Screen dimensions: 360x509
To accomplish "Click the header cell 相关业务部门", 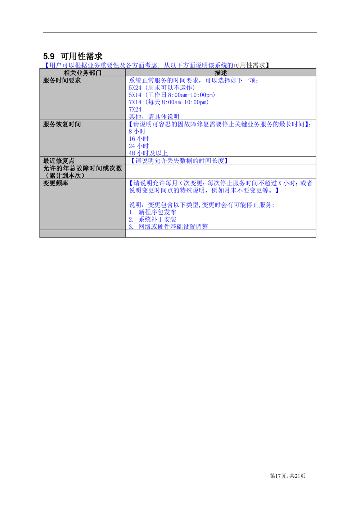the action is pyautogui.click(x=82, y=73).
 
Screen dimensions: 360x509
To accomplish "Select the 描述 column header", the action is pyautogui.click(x=221, y=73).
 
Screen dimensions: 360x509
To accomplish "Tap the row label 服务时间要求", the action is pyautogui.click(x=62, y=81).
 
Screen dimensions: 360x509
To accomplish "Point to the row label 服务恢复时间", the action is pyautogui.click(x=62, y=124).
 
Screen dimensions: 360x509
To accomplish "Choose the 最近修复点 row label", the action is pyautogui.click(x=59, y=161).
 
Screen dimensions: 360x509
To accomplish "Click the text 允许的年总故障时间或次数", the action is pyautogui.click(x=82, y=168).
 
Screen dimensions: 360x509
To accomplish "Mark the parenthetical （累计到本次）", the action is pyautogui.click(x=63, y=176).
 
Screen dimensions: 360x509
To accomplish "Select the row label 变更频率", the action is pyautogui.click(x=55, y=183).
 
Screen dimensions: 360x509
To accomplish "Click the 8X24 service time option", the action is pyautogui.click(x=162, y=87).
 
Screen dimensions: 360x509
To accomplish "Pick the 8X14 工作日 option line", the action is pyautogui.click(x=172, y=95).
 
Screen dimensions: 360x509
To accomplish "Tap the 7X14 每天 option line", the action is pyautogui.click(x=168, y=102).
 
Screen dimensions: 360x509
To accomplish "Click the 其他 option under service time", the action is pyautogui.click(x=154, y=117).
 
